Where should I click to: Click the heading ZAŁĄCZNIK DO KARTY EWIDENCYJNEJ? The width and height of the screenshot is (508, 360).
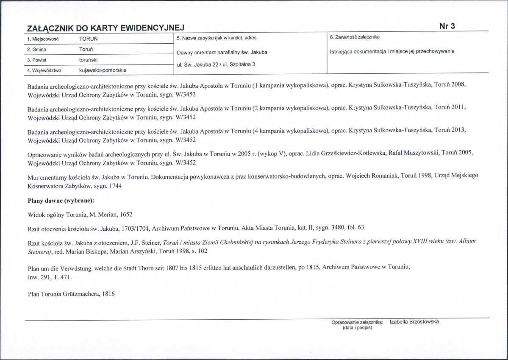coord(105,28)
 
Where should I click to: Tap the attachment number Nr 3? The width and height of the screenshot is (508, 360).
coord(447,26)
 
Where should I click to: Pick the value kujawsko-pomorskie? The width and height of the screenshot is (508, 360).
coord(103,70)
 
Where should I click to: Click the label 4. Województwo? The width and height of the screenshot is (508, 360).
coord(44,70)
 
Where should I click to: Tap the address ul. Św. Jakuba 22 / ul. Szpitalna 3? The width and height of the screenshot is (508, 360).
coord(219,64)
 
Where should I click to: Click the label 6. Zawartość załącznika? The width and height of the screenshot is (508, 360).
coord(355,38)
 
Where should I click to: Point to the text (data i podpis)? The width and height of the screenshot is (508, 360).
coord(357,327)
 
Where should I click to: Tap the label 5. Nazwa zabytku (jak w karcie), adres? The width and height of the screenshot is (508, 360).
coord(217,38)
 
